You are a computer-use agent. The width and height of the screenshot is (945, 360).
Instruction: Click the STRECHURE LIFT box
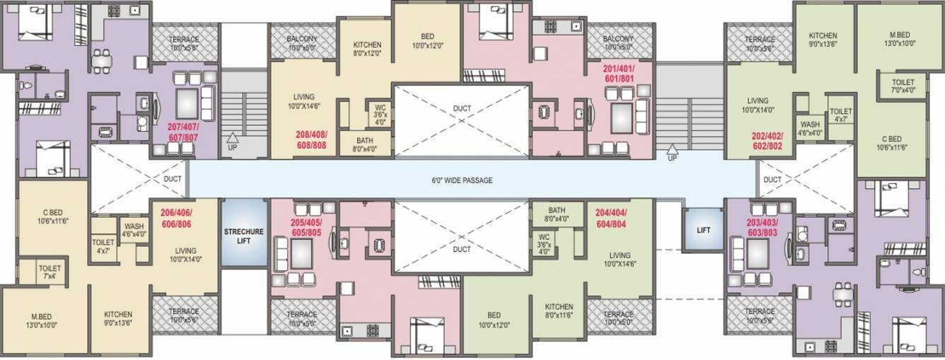click(x=243, y=236)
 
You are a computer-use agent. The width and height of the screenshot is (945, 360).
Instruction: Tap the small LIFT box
click(x=703, y=230)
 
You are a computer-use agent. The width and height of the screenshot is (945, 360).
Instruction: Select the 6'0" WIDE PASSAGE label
click(x=462, y=180)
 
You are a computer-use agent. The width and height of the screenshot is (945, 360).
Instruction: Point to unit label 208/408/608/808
click(x=311, y=139)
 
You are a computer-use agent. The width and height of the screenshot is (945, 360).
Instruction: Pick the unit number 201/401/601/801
click(x=618, y=74)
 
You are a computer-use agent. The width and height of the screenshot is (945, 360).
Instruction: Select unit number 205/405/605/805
click(x=306, y=226)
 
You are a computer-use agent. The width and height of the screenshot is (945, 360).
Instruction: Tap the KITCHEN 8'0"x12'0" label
click(x=366, y=49)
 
